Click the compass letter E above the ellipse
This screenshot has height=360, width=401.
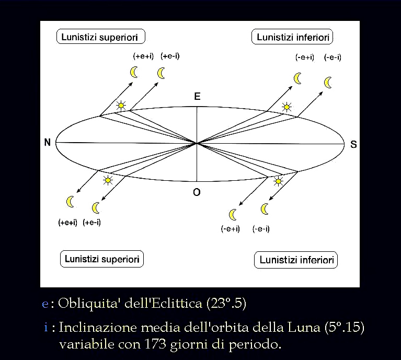[x=197, y=96]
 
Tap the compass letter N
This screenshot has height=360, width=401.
[x=47, y=142]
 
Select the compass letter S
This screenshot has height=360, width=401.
[x=353, y=144]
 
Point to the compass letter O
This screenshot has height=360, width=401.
[x=197, y=192]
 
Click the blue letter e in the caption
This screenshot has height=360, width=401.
[x=45, y=304]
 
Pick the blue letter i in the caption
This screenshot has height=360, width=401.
[x=46, y=327]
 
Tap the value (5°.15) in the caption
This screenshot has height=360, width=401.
[x=344, y=327]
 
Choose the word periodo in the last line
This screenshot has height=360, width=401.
[x=255, y=345]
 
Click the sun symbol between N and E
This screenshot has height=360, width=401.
[x=121, y=105]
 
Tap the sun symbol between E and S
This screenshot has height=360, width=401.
[x=287, y=107]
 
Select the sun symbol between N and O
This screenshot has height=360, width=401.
[x=108, y=180]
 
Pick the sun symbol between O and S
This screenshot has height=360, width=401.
[x=278, y=181]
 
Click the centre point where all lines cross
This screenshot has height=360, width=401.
[x=197, y=144]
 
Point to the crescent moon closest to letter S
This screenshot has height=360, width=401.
[x=328, y=83]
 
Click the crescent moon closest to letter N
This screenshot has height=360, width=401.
[x=70, y=202]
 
